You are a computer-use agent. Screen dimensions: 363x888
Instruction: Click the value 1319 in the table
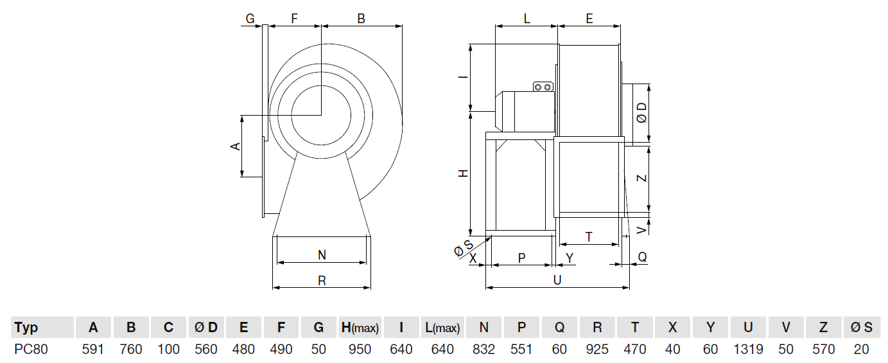click(x=748, y=350)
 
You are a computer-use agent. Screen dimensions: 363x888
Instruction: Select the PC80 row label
click(x=31, y=350)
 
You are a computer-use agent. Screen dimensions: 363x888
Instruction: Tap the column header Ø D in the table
click(x=206, y=328)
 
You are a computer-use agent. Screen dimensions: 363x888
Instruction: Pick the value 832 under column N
click(x=484, y=350)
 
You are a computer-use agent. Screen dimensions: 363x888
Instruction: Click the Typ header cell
click(x=26, y=328)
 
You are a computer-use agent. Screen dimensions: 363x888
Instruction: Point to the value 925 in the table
click(x=597, y=350)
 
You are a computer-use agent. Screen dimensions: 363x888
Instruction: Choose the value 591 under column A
click(x=94, y=350)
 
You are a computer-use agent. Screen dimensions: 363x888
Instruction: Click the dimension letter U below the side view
click(x=557, y=280)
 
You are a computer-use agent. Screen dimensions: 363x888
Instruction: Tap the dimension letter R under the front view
click(x=322, y=280)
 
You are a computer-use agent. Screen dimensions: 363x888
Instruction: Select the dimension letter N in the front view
click(x=322, y=255)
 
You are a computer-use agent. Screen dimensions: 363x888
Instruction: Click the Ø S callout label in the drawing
click(x=464, y=247)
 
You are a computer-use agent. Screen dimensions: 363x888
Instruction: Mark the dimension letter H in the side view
click(x=462, y=173)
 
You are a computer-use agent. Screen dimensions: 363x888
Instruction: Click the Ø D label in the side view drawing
click(x=641, y=114)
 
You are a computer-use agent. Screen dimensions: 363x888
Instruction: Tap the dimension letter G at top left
click(x=250, y=19)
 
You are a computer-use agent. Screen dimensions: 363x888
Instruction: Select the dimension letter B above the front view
click(x=361, y=19)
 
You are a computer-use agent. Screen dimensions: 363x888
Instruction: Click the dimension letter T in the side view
click(x=589, y=237)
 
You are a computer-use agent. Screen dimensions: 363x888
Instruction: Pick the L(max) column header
click(x=442, y=328)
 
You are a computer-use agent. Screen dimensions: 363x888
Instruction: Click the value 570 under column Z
click(x=823, y=350)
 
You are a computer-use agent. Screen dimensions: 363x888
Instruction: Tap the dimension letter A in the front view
click(x=236, y=146)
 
